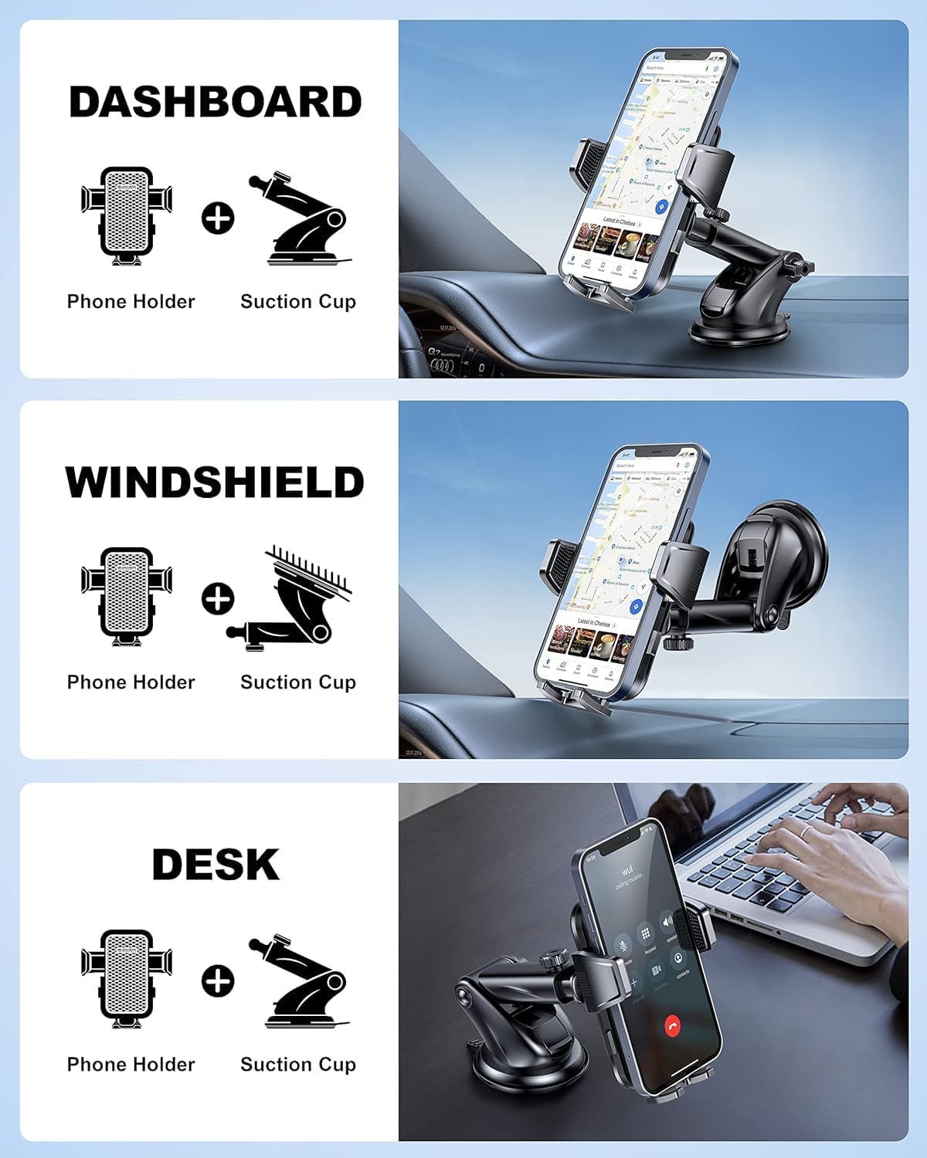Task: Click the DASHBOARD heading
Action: click(215, 102)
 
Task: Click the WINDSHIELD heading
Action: click(215, 482)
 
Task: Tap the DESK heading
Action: click(215, 865)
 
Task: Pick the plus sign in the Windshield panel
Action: click(218, 598)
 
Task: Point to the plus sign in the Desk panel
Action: click(218, 980)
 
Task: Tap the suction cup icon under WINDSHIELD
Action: click(297, 598)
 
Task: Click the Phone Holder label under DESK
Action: click(131, 1065)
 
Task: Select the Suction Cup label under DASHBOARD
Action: click(298, 302)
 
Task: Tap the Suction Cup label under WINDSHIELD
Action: click(298, 682)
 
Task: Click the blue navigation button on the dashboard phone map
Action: click(660, 207)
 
